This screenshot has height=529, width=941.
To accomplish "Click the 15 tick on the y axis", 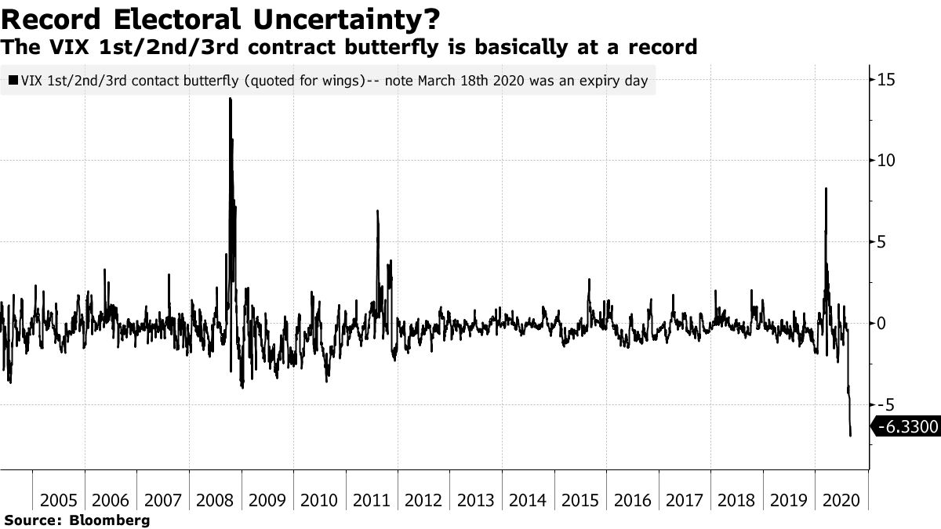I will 886,79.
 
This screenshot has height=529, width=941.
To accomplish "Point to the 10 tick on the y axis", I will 886,161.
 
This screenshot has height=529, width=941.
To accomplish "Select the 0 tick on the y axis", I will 882,323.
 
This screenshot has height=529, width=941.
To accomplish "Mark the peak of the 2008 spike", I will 230,99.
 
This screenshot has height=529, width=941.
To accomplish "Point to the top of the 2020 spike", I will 826,189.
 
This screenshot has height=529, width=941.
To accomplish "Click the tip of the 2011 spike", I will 377,211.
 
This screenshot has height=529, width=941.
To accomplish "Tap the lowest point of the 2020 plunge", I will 851,435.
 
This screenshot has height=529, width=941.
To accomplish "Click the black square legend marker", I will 14,81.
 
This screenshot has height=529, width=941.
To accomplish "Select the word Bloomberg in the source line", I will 111,520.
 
